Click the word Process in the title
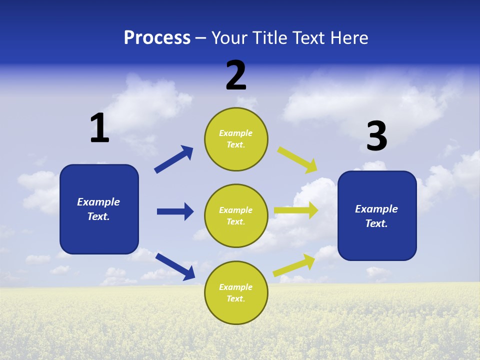pyautogui.click(x=157, y=38)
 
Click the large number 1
pyautogui.click(x=99, y=128)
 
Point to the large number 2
pyautogui.click(x=236, y=75)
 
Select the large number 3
pyautogui.click(x=376, y=136)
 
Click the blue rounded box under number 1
pyautogui.click(x=99, y=209)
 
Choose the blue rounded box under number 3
pyautogui.click(x=377, y=216)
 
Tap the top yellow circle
pyautogui.click(x=236, y=139)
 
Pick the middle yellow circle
pyautogui.click(x=236, y=216)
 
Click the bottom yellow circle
pyautogui.click(x=236, y=293)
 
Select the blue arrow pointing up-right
pyautogui.click(x=173, y=159)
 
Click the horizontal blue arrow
pyautogui.click(x=175, y=211)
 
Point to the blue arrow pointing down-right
pyautogui.click(x=175, y=266)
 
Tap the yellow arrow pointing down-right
pyautogui.click(x=297, y=159)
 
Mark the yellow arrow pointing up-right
pyautogui.click(x=294, y=265)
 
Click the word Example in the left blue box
pyautogui.click(x=98, y=202)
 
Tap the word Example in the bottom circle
pyautogui.click(x=235, y=287)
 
